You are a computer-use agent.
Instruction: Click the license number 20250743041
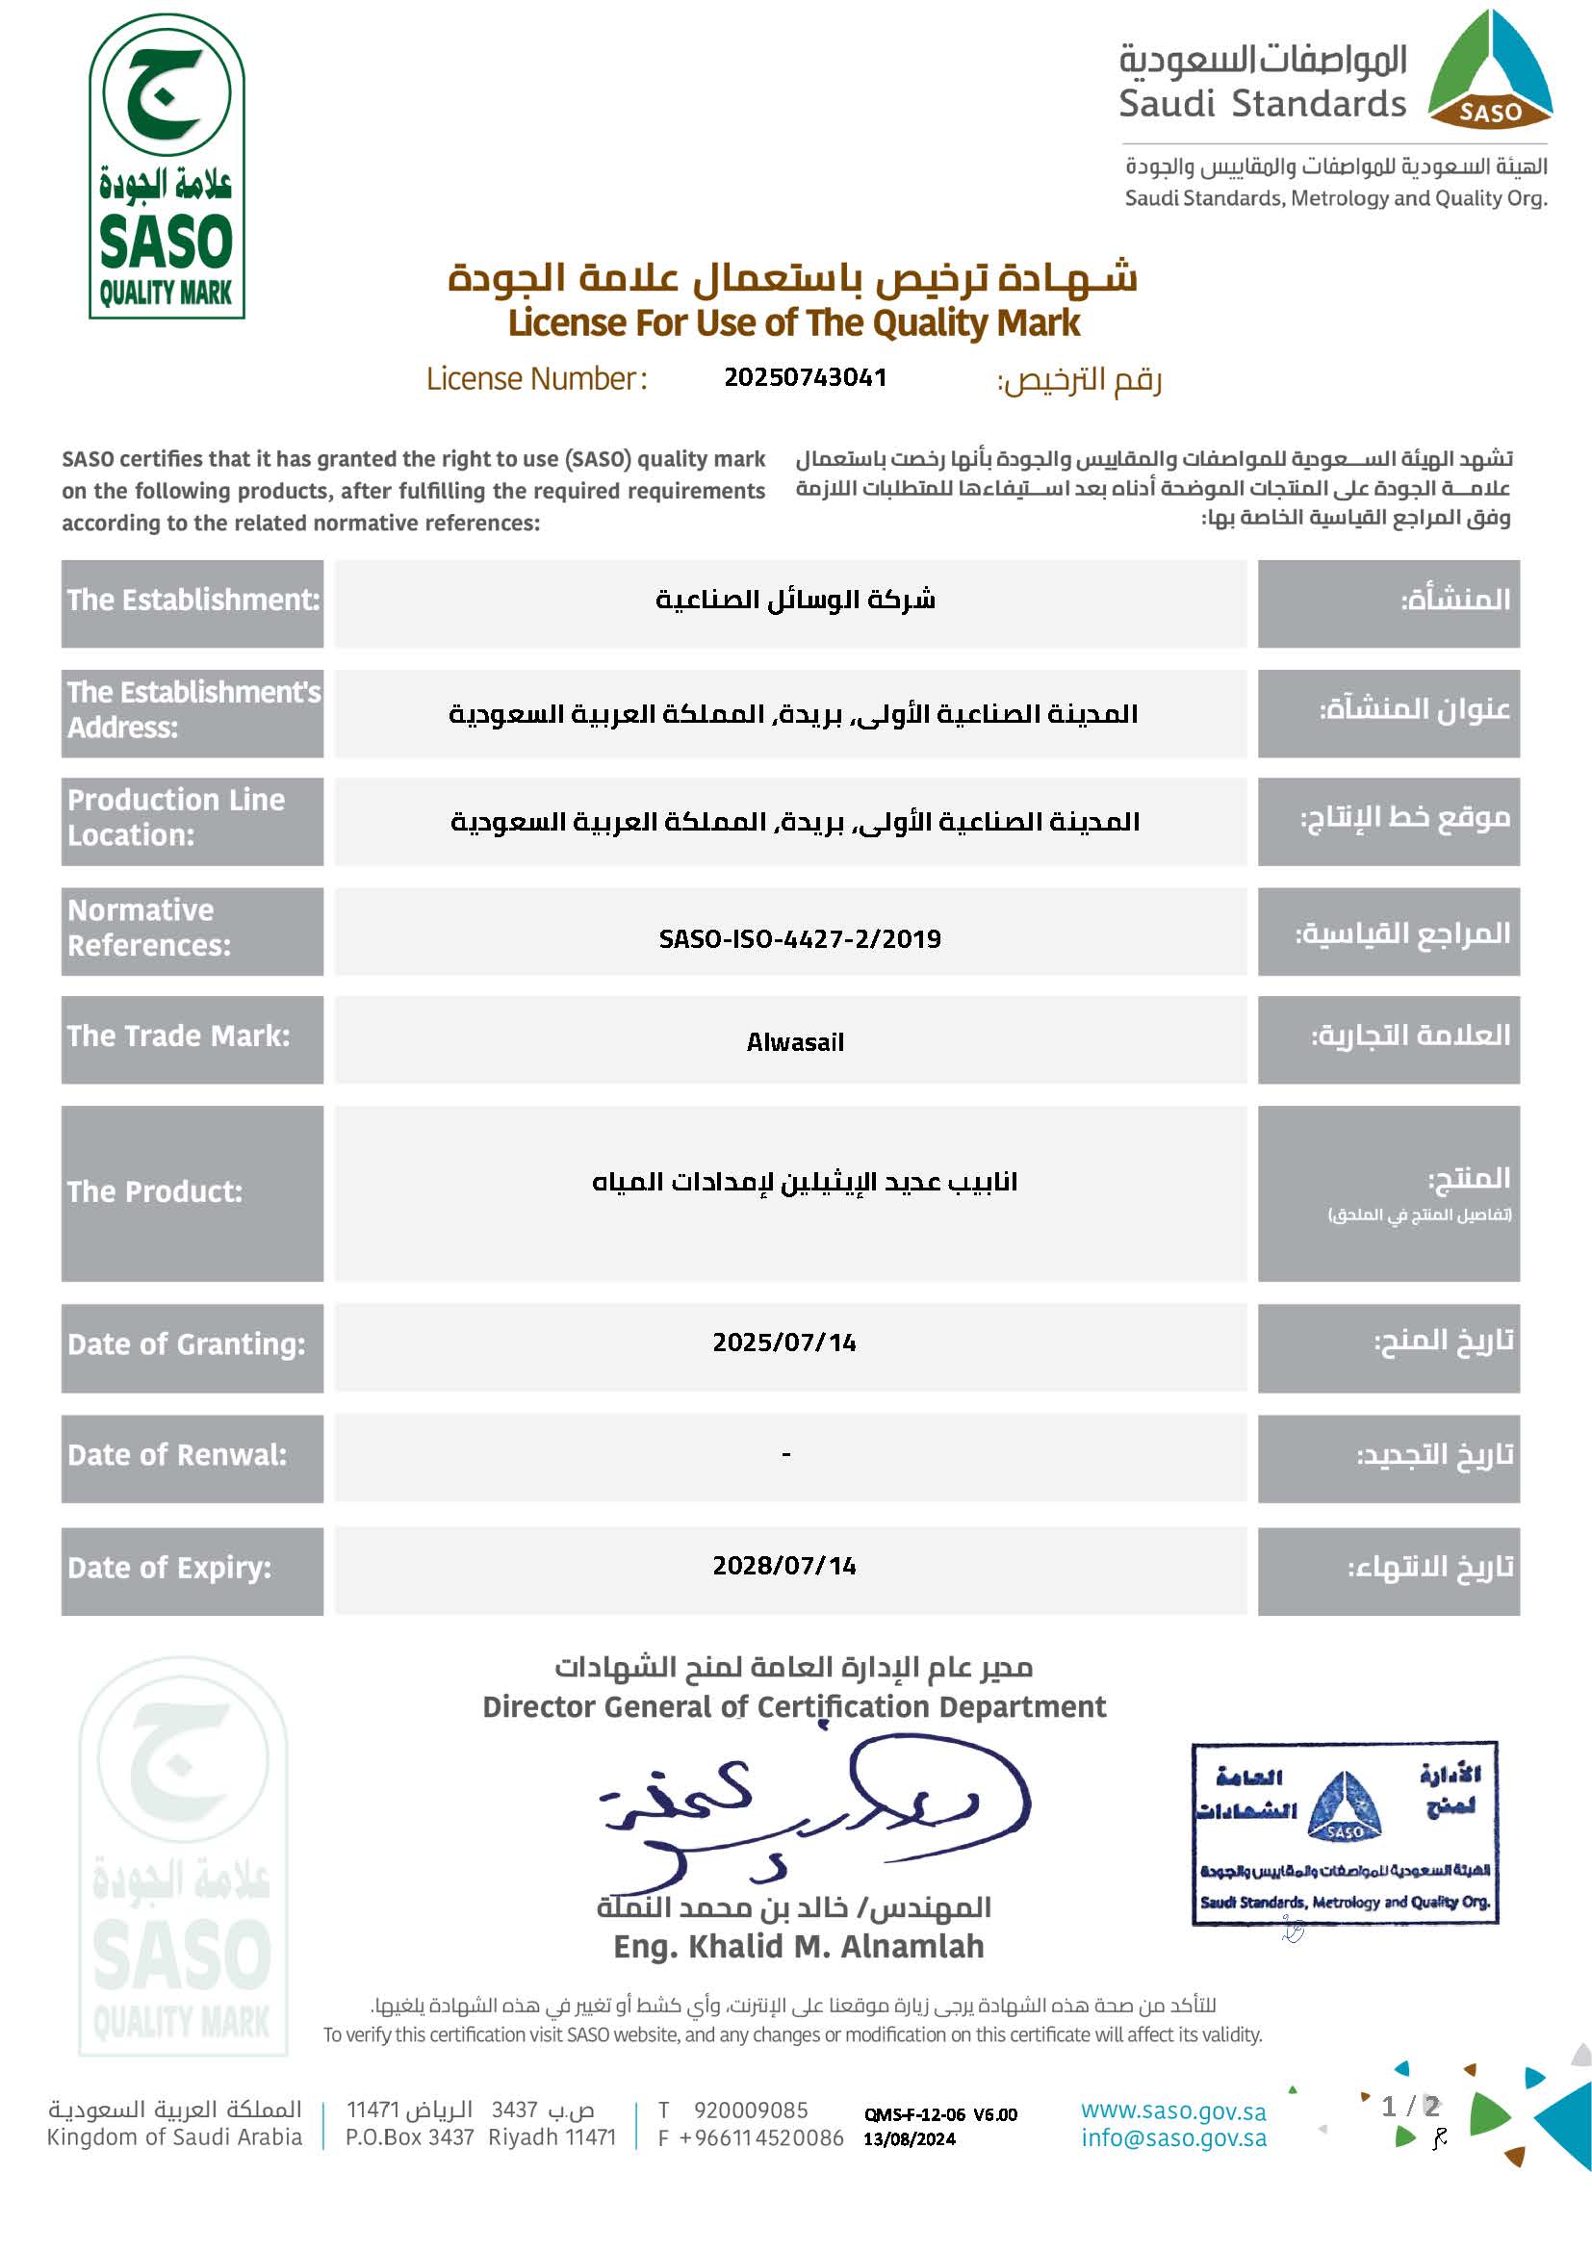[x=805, y=377]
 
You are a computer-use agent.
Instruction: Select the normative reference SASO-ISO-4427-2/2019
[x=799, y=938]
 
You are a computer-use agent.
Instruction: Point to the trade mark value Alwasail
[x=795, y=1041]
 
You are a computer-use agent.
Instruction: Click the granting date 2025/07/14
[x=784, y=1343]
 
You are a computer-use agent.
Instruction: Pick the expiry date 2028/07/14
[x=784, y=1565]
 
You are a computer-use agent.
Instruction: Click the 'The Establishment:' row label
[x=193, y=600]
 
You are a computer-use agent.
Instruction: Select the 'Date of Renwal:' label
[x=177, y=1455]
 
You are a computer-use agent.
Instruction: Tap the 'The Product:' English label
[x=155, y=1191]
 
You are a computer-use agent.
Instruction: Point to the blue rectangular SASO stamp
[x=1345, y=1832]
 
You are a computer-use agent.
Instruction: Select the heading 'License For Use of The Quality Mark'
[x=794, y=322]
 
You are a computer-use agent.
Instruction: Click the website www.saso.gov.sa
[x=1173, y=2110]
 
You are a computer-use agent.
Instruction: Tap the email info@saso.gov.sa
[x=1173, y=2138]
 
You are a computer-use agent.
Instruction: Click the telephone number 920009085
[x=751, y=2110]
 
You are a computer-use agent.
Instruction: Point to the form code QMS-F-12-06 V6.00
[x=940, y=2114]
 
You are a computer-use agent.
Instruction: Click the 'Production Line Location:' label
[x=176, y=818]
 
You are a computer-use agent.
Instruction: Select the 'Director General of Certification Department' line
[x=794, y=1707]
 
